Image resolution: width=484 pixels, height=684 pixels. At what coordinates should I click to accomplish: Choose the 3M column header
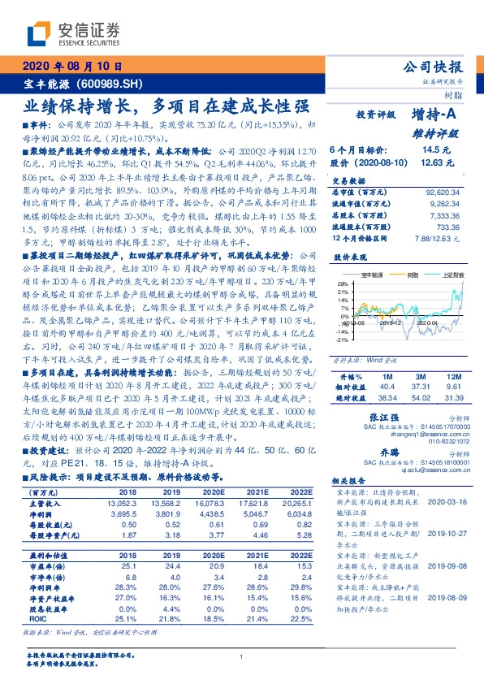(x=421, y=355)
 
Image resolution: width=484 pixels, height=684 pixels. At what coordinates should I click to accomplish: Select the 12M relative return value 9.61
(x=452, y=365)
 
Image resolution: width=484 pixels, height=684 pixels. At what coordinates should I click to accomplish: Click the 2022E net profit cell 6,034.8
(x=296, y=514)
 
